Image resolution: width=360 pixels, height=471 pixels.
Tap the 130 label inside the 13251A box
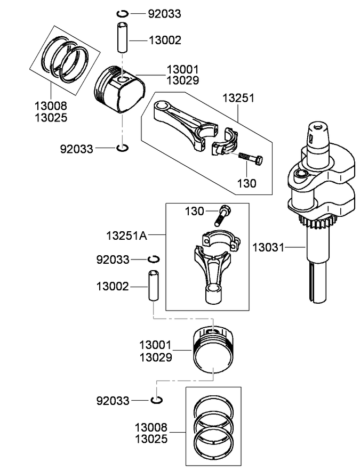(195, 211)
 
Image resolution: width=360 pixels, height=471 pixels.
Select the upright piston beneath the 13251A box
(213, 352)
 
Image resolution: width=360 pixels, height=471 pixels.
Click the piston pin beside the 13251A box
(153, 286)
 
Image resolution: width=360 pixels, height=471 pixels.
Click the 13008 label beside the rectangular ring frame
(151, 428)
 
